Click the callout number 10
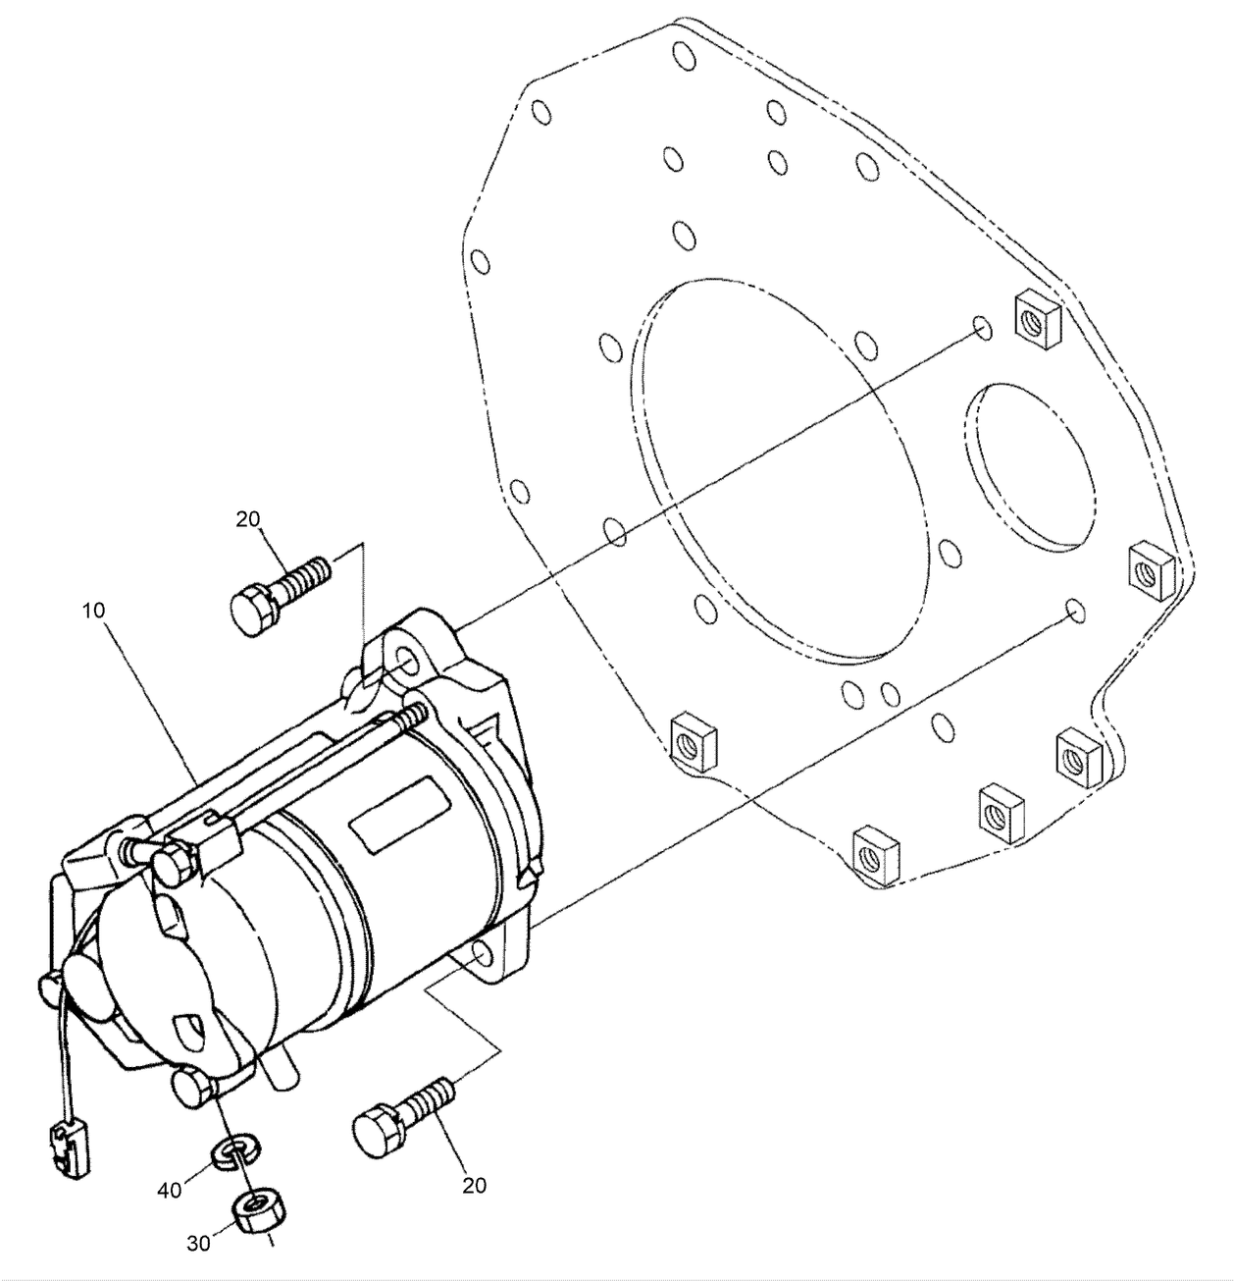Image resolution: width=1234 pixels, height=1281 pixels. [94, 610]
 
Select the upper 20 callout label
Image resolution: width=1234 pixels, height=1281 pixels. [249, 519]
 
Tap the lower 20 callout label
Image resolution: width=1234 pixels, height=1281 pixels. [474, 1185]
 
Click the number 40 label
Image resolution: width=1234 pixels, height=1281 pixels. [171, 1190]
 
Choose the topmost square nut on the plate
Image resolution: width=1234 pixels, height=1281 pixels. [1035, 319]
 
